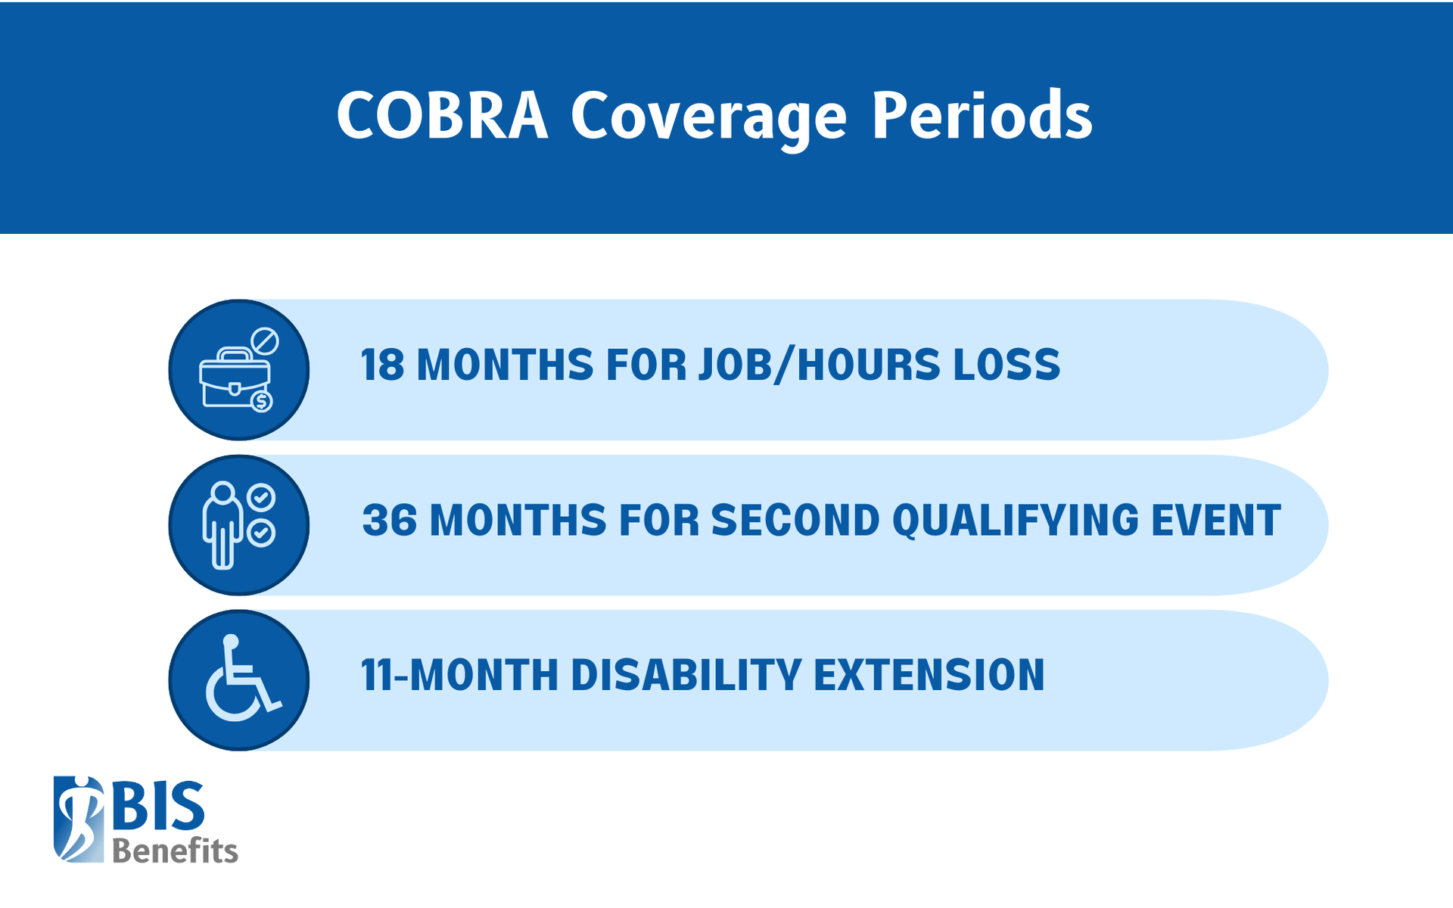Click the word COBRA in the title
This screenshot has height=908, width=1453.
point(442,116)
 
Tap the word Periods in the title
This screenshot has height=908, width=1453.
point(982,116)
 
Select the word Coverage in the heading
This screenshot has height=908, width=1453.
point(708,118)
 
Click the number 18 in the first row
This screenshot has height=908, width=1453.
point(382,365)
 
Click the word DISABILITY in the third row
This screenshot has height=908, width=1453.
point(686,675)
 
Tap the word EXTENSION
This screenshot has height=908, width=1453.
point(929,675)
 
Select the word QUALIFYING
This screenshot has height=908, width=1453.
point(1016,521)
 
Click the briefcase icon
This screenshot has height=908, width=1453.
point(233,378)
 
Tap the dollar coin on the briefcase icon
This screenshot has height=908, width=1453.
point(262,401)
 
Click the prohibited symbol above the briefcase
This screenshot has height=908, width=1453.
point(265,341)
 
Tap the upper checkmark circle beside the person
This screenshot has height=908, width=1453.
point(261,498)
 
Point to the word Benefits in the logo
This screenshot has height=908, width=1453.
point(175,851)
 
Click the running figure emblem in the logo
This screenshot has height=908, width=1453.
point(79,819)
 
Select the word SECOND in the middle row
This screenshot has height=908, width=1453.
point(795,521)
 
